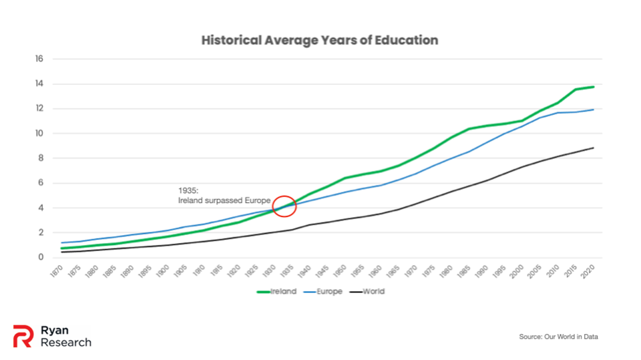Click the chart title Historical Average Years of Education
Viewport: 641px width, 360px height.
pos(320,40)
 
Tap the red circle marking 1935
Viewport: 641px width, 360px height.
pos(285,206)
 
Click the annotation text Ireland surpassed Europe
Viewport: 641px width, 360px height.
pos(224,200)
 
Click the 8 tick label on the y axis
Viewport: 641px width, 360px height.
pos(40,158)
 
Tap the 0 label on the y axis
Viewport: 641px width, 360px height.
pos(40,257)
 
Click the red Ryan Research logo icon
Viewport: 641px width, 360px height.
pos(23,336)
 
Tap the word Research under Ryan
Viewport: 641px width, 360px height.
pos(66,342)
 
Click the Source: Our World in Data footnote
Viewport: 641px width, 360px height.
pos(558,337)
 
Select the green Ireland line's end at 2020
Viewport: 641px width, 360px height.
pos(593,87)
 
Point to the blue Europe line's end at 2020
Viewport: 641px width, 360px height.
pos(593,110)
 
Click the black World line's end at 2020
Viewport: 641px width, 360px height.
pos(593,148)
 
